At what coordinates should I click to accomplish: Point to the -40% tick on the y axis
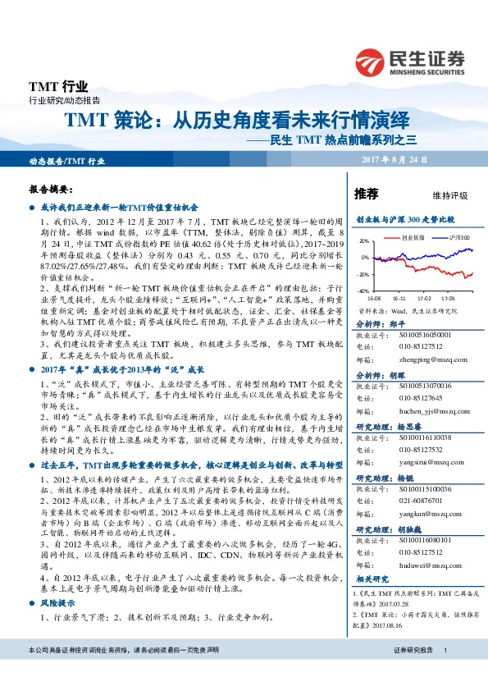[x=362, y=291]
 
